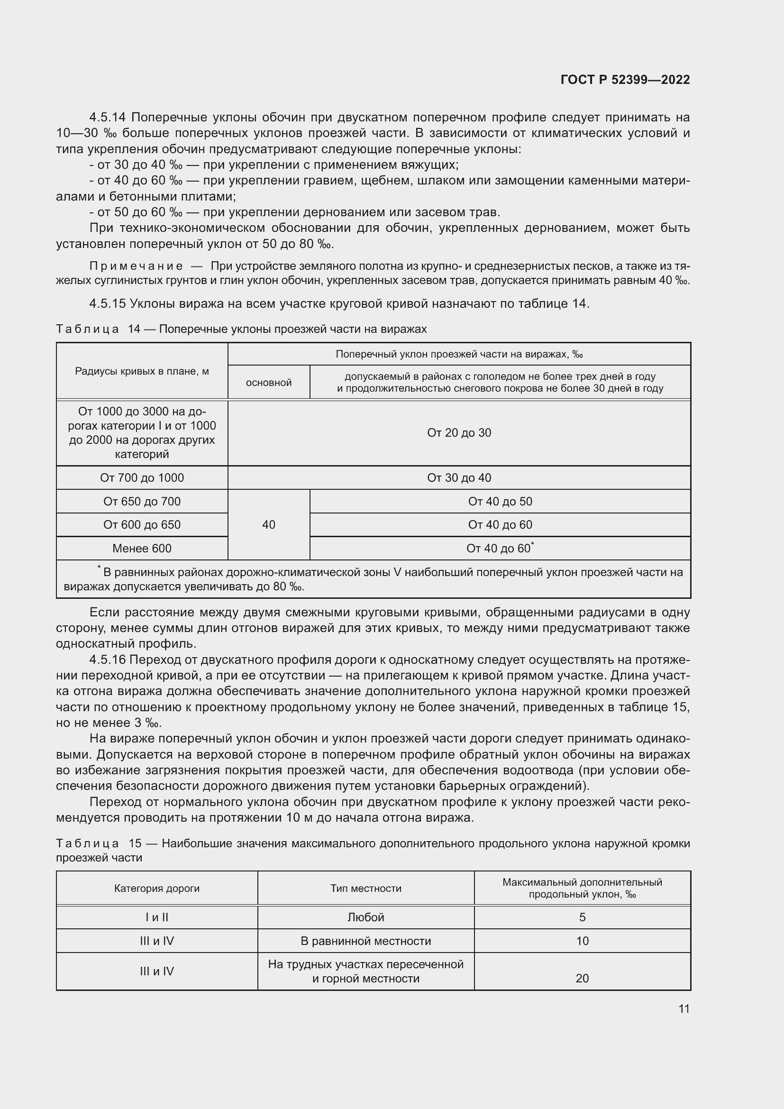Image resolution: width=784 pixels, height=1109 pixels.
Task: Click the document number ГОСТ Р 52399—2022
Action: click(x=625, y=80)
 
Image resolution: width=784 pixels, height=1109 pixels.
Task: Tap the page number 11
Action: click(x=684, y=1008)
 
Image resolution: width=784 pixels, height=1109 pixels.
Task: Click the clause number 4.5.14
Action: click(x=107, y=118)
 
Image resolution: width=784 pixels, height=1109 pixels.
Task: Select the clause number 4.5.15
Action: click(x=107, y=303)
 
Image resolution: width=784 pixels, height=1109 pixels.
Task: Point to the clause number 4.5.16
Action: click(x=107, y=660)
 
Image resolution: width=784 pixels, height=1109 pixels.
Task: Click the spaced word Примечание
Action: click(x=136, y=266)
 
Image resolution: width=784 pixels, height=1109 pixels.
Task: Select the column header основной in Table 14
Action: click(x=268, y=383)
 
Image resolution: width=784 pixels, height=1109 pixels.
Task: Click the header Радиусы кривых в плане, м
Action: click(x=142, y=371)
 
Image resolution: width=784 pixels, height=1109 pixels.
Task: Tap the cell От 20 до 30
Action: click(x=459, y=433)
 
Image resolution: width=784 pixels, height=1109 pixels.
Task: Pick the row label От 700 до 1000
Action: click(x=142, y=478)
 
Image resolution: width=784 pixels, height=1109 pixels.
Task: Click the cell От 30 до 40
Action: click(x=459, y=478)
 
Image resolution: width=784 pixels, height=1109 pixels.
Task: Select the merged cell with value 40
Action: click(x=268, y=524)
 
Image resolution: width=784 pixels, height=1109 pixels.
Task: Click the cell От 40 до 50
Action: click(x=500, y=501)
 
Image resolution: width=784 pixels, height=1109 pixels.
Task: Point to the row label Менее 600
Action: click(x=142, y=548)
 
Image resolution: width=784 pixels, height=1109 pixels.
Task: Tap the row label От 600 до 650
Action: click(x=142, y=524)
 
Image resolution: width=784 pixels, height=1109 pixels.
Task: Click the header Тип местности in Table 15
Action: click(x=365, y=888)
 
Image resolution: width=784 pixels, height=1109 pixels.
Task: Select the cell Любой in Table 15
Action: click(x=365, y=917)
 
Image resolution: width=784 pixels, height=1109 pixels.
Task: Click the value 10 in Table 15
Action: click(x=582, y=941)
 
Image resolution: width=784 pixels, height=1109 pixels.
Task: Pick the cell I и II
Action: click(x=157, y=917)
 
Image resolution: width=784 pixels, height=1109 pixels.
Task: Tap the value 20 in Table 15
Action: click(x=582, y=978)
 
